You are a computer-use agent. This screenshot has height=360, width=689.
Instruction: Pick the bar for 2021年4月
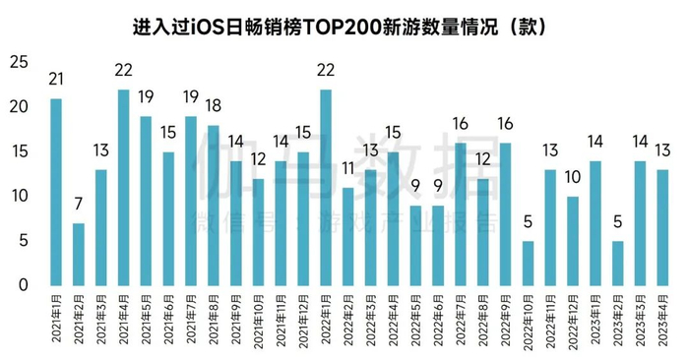tap(124, 187)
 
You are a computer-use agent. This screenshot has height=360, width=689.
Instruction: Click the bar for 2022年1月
tap(326, 187)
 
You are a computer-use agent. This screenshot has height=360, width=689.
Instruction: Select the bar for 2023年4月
tap(662, 227)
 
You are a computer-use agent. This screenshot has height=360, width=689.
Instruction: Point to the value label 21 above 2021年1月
tap(56, 80)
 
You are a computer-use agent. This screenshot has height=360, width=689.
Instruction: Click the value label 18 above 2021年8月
tap(214, 106)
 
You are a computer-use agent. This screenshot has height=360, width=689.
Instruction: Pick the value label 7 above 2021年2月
tap(79, 205)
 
